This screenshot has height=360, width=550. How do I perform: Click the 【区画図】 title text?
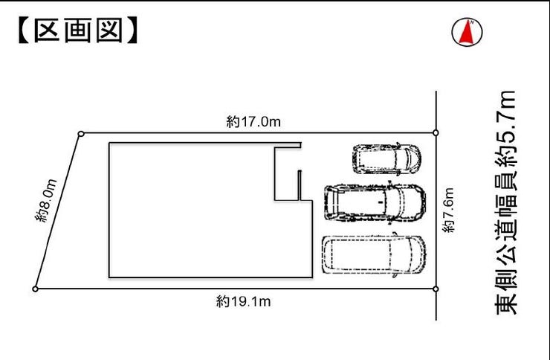tap(78, 31)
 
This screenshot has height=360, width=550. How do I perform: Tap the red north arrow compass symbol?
tap(467, 32)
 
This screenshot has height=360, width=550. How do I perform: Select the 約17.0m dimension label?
tap(253, 122)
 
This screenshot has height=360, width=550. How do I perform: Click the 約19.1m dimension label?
tap(243, 301)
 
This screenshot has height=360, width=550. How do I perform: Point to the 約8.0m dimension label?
tap(46, 200)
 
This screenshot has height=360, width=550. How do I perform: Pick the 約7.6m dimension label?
tap(448, 210)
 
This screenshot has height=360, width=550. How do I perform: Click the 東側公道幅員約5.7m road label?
tap(505, 202)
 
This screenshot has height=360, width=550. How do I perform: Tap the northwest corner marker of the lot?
tap(81, 134)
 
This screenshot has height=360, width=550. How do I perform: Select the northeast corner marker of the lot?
tap(436, 132)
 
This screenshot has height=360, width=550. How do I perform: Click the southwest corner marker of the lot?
tap(35, 289)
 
